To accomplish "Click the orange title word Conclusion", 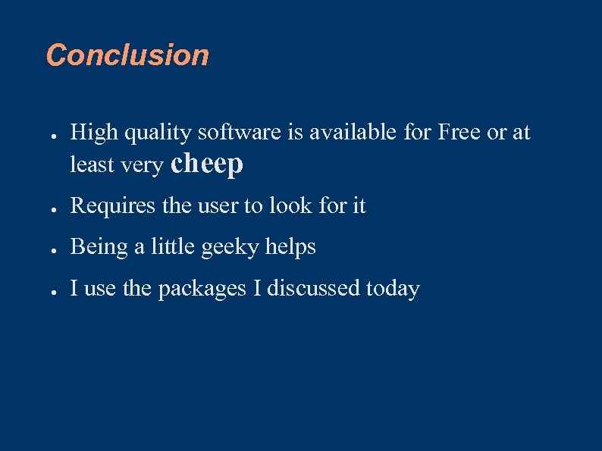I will point(127,55).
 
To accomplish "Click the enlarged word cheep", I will point(207,164).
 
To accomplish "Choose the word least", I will point(91,164).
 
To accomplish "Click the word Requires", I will point(105,206).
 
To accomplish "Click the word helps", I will point(290,248).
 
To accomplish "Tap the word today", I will point(393,290).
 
